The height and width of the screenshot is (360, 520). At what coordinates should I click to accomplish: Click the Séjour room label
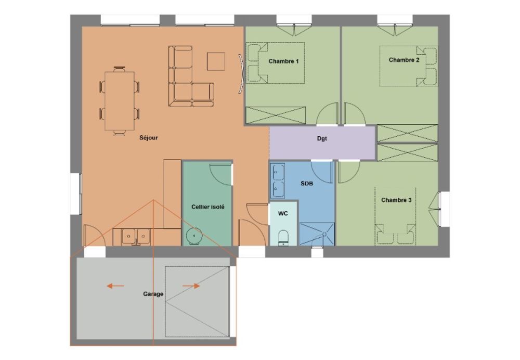click(149, 138)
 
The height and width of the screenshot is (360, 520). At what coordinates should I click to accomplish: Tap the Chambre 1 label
click(283, 61)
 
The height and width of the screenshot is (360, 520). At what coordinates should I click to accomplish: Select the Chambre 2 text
click(404, 60)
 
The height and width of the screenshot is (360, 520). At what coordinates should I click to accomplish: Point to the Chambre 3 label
click(396, 200)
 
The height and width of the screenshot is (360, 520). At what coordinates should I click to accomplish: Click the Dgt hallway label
click(322, 138)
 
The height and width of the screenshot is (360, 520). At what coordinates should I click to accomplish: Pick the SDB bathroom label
click(307, 184)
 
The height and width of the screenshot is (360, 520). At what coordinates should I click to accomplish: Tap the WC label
click(283, 213)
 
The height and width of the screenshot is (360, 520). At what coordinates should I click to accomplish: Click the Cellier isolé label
click(208, 207)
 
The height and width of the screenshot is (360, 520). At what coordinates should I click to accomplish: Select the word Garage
click(153, 294)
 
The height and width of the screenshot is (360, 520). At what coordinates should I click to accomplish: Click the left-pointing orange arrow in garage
click(115, 286)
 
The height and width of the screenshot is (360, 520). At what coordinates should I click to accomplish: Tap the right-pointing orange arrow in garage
click(191, 286)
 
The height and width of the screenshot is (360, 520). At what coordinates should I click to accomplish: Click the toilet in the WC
click(283, 238)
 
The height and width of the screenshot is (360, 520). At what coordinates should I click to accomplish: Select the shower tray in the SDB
click(317, 234)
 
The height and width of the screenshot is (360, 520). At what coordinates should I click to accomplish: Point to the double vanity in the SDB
click(278, 181)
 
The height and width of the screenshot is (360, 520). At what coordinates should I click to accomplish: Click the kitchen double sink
click(136, 237)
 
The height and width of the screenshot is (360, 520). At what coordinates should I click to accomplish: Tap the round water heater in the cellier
click(194, 236)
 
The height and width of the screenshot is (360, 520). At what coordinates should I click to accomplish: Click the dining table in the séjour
click(120, 101)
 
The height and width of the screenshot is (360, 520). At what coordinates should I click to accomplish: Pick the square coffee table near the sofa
click(216, 61)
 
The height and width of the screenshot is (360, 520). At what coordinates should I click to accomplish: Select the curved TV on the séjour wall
click(241, 74)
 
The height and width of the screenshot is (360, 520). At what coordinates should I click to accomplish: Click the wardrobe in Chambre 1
click(276, 115)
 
